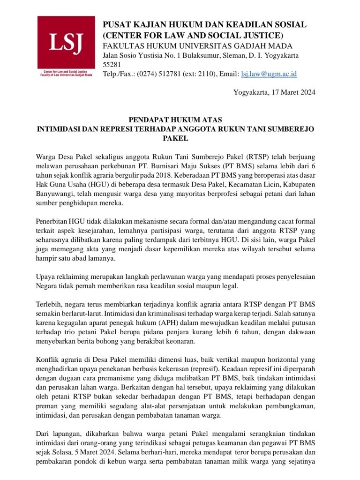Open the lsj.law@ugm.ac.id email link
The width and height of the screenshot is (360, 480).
269,74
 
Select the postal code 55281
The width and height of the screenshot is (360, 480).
112,65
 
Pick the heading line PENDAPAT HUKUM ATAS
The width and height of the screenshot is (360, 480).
175,120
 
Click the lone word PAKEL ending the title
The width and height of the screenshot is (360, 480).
175,139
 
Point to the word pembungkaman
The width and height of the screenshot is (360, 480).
292,405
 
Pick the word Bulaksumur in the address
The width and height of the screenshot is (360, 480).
202,56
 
